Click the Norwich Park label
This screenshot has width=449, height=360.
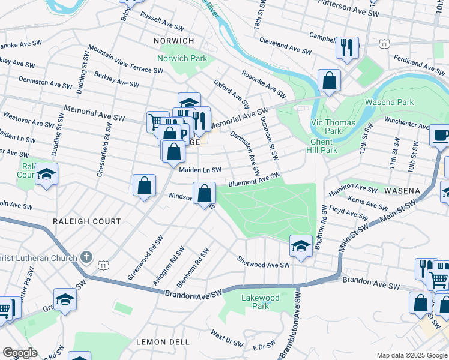[182, 58]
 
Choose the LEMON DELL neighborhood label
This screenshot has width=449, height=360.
[159, 342]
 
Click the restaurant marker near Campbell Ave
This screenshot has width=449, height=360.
[347, 48]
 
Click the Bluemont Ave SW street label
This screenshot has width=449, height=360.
[254, 179]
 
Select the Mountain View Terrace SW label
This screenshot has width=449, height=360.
[125, 59]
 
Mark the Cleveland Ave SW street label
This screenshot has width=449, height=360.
[285, 46]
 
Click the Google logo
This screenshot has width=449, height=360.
[19, 353]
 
